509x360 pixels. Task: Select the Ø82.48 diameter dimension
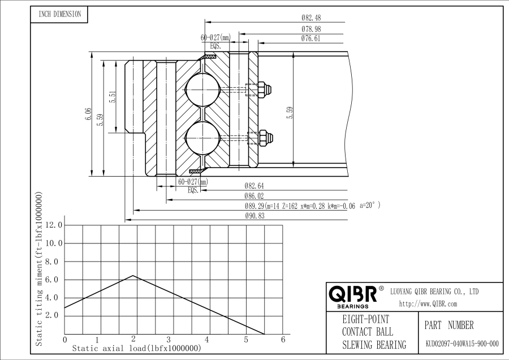click(x=313, y=18)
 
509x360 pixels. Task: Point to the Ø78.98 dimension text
click(x=312, y=29)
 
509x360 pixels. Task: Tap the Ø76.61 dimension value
click(x=312, y=39)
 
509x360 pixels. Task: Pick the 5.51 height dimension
click(x=113, y=97)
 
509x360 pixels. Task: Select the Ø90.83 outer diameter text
click(x=255, y=216)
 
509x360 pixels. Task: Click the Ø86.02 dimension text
click(x=254, y=196)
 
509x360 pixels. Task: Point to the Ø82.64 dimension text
click(x=254, y=186)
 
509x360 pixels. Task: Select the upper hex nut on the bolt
click(x=263, y=89)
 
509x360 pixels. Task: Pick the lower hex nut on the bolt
click(x=263, y=136)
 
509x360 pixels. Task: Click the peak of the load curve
click(x=133, y=276)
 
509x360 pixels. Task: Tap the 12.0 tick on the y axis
click(x=54, y=225)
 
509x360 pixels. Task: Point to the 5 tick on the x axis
click(x=246, y=340)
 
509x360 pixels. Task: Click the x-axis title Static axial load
click(x=136, y=349)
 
